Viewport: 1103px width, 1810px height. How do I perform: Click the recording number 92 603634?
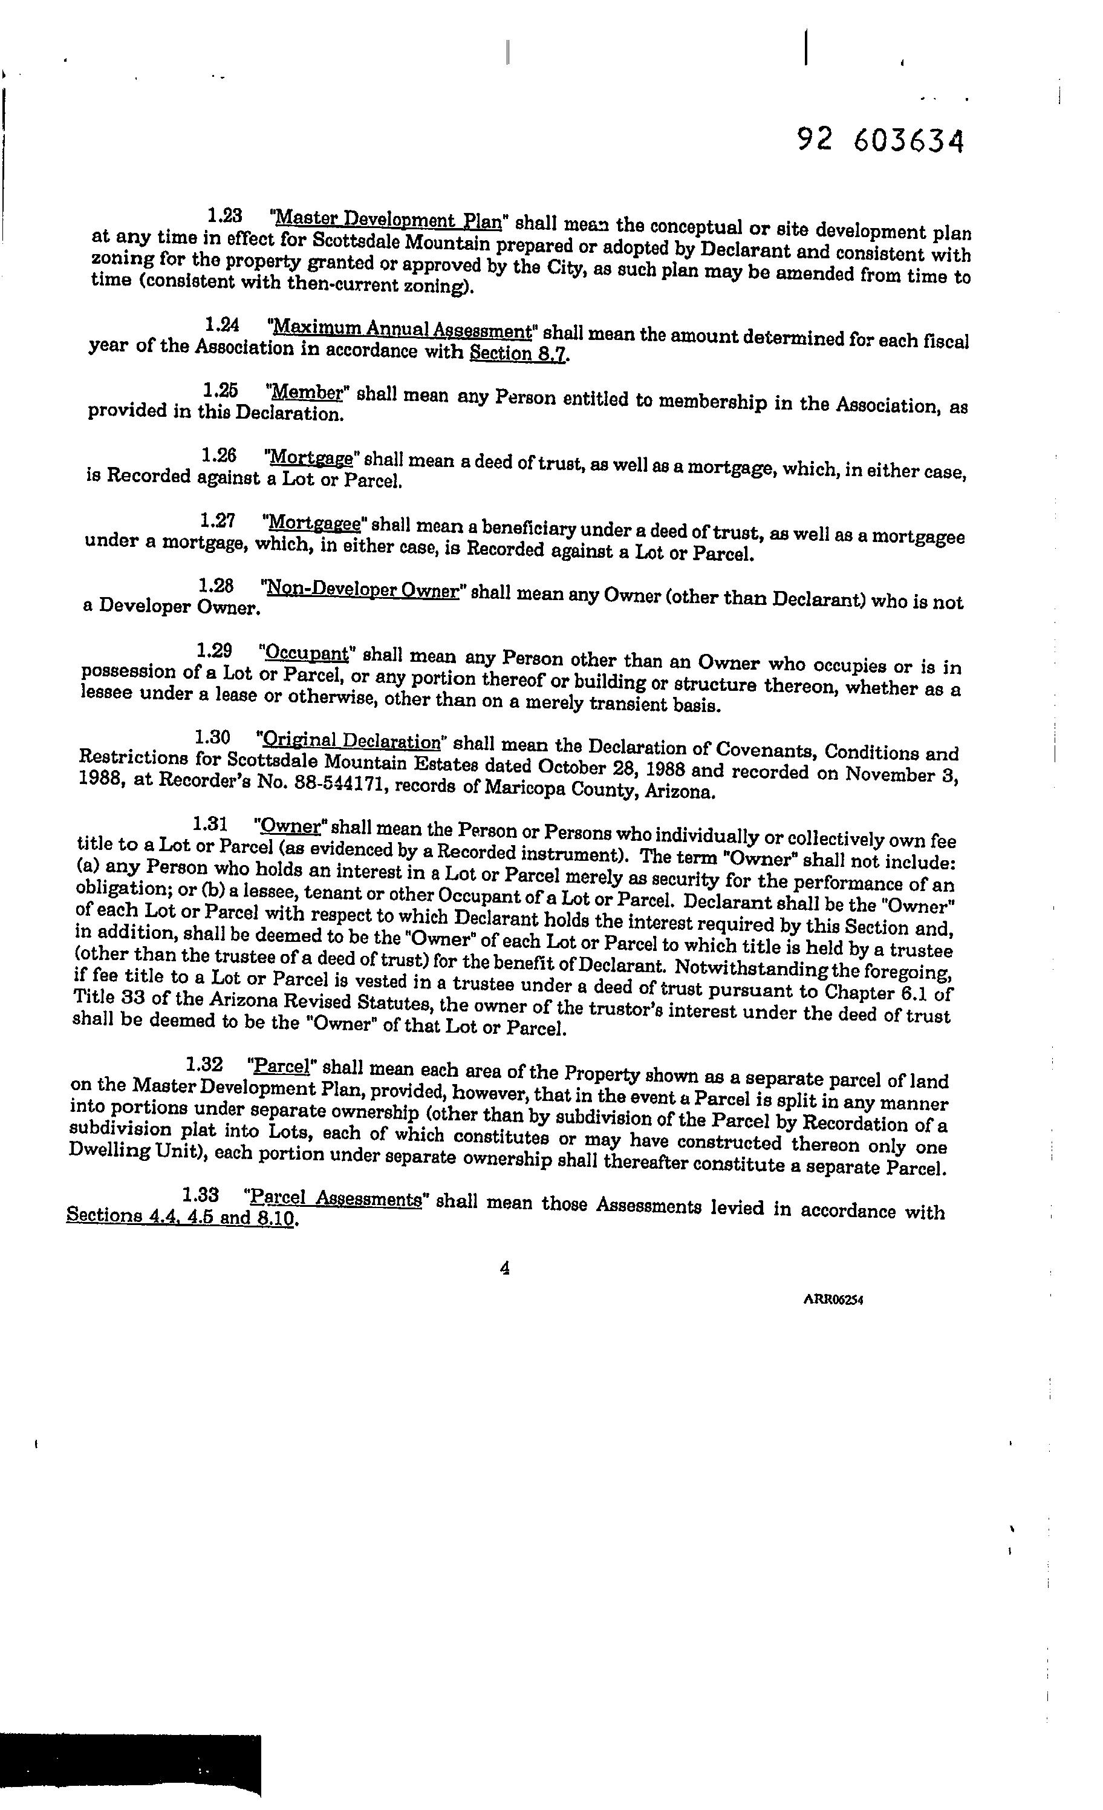click(x=880, y=140)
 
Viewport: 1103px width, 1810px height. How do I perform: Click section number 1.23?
click(x=225, y=216)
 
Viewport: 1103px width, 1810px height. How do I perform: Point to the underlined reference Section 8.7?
click(x=518, y=353)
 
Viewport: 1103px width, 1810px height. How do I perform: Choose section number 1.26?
click(x=219, y=456)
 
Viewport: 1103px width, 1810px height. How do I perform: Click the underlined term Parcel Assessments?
click(x=335, y=1199)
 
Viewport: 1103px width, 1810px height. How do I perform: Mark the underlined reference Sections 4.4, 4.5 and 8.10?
click(x=181, y=1217)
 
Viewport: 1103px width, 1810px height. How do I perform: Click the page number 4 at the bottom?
click(x=504, y=1269)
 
